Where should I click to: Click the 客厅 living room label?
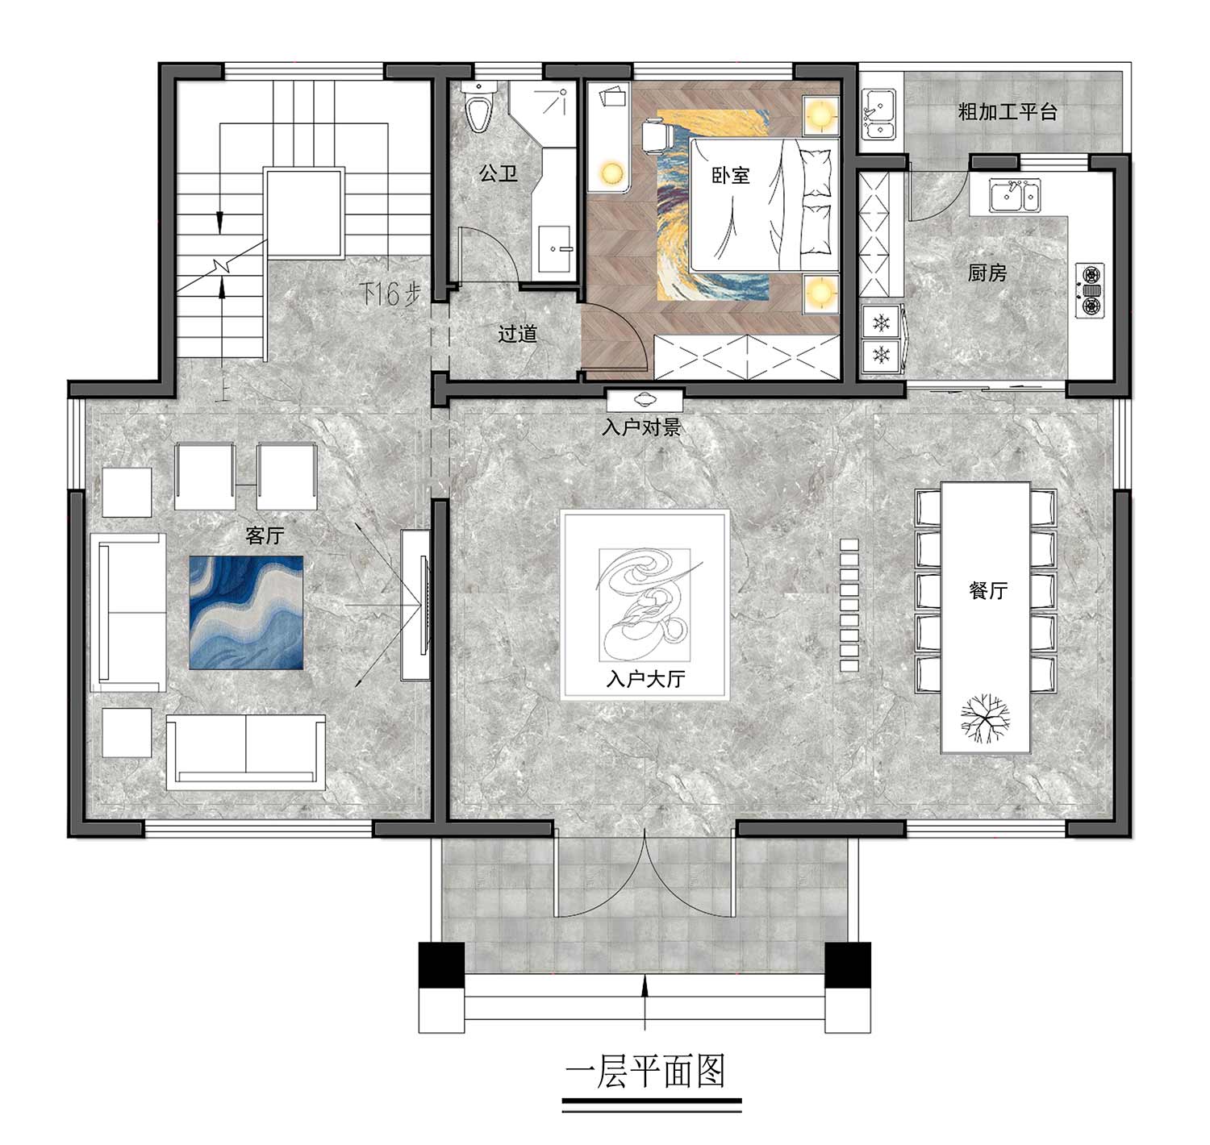pos(265,535)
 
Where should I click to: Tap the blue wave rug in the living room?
pos(246,612)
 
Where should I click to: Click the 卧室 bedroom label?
pos(731,175)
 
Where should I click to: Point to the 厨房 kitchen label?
pos(987,273)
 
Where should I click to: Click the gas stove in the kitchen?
pos(1089,290)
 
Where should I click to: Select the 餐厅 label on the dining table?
pos(988,591)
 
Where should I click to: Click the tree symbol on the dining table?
pos(985,718)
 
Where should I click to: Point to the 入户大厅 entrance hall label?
pos(645,679)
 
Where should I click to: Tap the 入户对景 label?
pos(640,427)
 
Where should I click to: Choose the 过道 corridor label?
pos(517,334)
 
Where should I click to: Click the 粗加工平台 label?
pos(1007,111)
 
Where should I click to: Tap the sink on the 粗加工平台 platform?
pos(878,113)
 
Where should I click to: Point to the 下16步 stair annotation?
pos(390,294)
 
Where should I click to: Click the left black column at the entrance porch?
pos(441,964)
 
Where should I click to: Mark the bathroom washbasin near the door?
pos(554,249)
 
